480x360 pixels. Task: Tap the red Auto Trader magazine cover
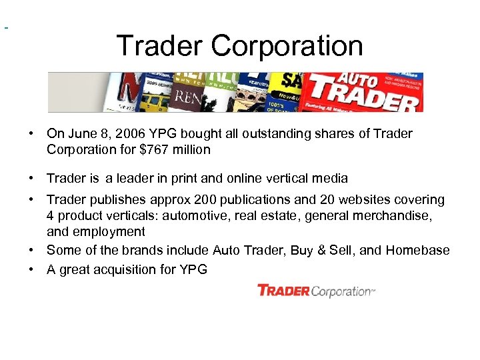coord(363,92)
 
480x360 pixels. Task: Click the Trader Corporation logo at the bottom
coord(316,291)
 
